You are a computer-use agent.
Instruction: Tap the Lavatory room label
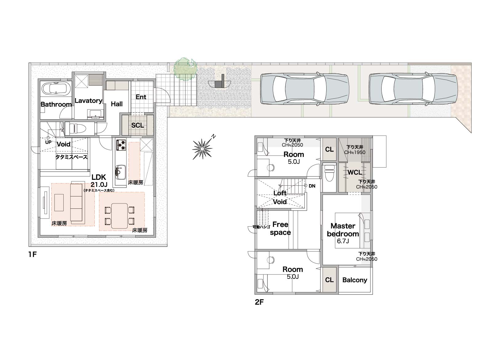point(88,101)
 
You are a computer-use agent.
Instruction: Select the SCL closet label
point(137,125)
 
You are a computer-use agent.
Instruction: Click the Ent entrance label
point(141,97)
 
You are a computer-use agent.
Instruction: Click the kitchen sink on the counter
point(121,172)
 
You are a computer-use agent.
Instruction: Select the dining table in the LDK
point(119,216)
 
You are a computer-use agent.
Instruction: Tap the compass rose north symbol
point(203,148)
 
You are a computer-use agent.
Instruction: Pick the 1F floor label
point(33,255)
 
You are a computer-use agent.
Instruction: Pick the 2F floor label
point(259,302)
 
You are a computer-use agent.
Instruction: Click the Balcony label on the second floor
point(355,280)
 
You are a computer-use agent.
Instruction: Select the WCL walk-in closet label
point(355,172)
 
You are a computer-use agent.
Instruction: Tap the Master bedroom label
point(343,230)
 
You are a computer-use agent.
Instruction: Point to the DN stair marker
point(312,186)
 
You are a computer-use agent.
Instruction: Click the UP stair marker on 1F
point(48,142)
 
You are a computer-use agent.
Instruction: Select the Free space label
point(280,228)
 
